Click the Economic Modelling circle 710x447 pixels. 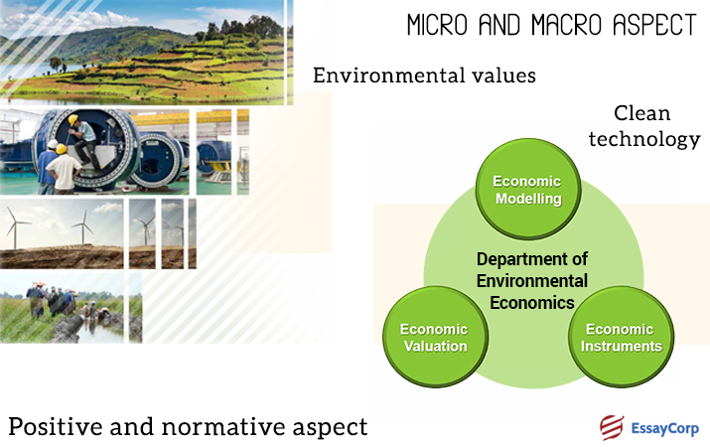[x=526, y=190]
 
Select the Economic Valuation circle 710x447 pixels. [x=432, y=338]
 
